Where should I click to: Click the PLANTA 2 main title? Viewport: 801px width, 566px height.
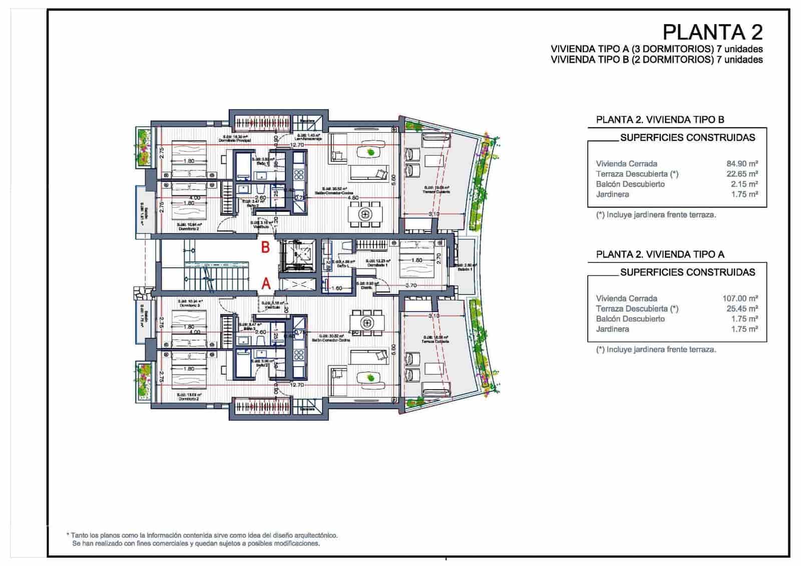pyautogui.click(x=712, y=32)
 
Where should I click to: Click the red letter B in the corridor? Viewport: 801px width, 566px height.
pyautogui.click(x=266, y=247)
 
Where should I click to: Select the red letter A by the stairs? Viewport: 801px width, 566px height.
pyautogui.click(x=266, y=284)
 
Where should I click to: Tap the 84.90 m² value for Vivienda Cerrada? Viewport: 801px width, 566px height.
pyautogui.click(x=742, y=163)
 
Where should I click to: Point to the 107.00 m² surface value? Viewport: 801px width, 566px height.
pyautogui.click(x=740, y=298)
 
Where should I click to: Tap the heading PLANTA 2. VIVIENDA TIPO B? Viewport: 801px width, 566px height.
pyautogui.click(x=660, y=120)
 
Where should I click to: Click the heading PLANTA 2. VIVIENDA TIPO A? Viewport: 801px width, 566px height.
pyautogui.click(x=660, y=254)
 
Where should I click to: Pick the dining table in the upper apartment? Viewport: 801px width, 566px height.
pyautogui.click(x=365, y=214)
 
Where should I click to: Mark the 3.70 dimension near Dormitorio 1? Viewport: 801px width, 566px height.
pyautogui.click(x=411, y=285)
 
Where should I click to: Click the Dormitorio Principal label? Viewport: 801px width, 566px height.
pyautogui.click(x=234, y=140)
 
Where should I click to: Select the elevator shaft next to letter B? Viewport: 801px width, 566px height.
pyautogui.click(x=298, y=256)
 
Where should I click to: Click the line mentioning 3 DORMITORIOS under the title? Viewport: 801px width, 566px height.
pyautogui.click(x=656, y=49)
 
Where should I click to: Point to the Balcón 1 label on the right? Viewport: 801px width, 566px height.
pyautogui.click(x=465, y=269)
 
